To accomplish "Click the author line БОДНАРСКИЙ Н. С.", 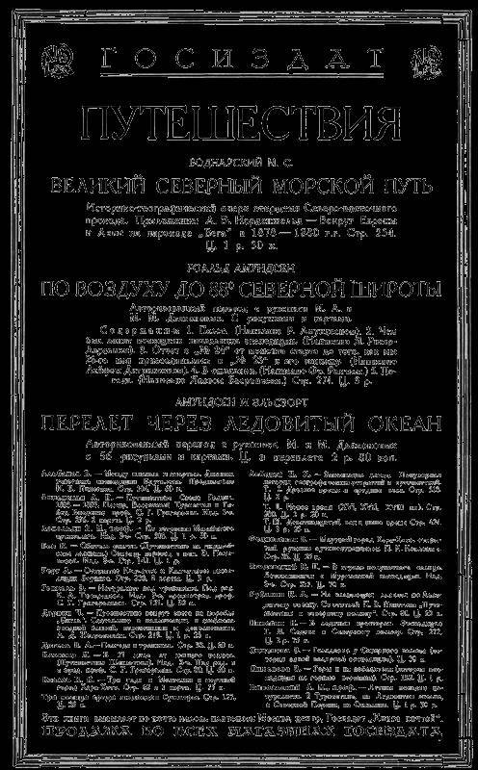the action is tap(239, 161).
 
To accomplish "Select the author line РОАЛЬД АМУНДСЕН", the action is tap(239, 270).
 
